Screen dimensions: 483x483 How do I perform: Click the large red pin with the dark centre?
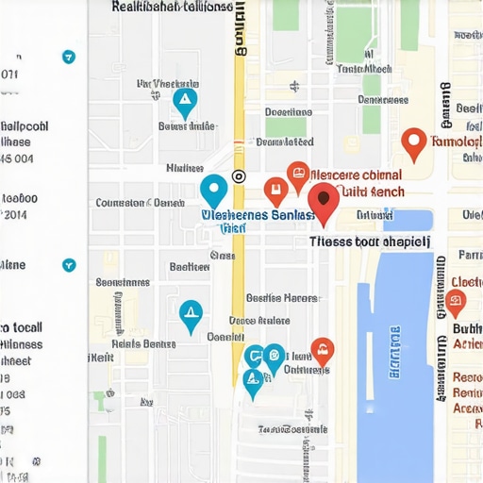point(324,203)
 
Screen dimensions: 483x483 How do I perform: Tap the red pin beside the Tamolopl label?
point(412,143)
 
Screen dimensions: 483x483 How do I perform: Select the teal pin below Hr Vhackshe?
point(185,101)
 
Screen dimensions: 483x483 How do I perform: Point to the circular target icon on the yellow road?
point(239,175)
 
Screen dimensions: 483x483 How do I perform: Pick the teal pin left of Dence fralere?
point(191,314)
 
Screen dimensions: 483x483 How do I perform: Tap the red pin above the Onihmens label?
point(323,351)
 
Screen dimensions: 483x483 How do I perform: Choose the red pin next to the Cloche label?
point(456,302)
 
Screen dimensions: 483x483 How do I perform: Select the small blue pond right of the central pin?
point(420,221)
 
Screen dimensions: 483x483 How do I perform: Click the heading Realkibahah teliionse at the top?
point(172,7)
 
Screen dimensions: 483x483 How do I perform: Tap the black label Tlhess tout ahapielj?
point(370,241)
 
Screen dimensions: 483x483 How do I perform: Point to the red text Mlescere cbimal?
point(356,175)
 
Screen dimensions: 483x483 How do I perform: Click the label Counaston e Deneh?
point(141,203)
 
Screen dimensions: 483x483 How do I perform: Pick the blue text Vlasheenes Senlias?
point(258,215)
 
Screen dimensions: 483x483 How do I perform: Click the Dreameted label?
point(284,142)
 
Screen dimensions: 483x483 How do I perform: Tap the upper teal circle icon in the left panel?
point(68,57)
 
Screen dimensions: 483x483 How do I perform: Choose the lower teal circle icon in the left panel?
point(68,266)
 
